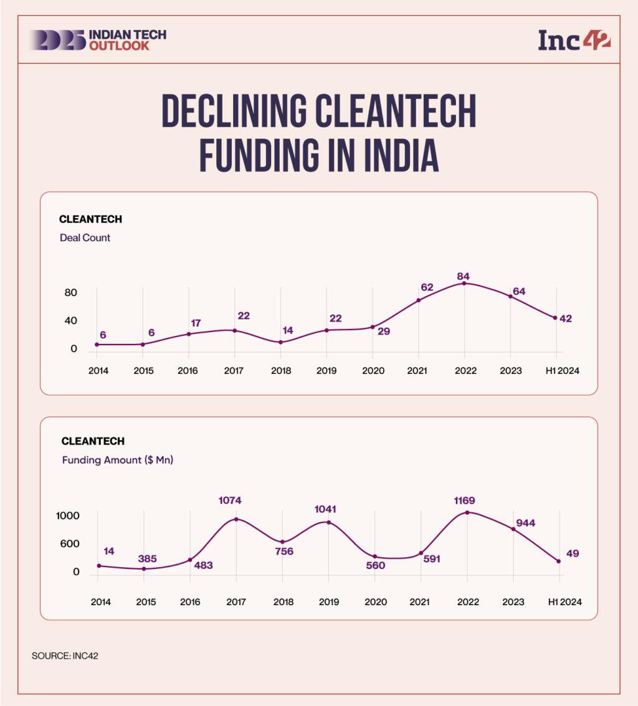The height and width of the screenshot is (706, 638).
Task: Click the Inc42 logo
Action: coord(574,40)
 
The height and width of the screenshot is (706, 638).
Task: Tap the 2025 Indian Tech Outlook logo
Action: coord(97,40)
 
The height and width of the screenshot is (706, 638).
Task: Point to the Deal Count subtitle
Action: coord(85,237)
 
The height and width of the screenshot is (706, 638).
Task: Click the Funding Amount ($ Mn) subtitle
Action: coord(117,460)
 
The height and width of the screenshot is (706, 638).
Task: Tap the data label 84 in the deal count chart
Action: coord(463,276)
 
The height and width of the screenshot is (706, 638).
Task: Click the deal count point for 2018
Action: coord(281,342)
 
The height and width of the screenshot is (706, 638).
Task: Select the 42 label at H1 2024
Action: coord(566,318)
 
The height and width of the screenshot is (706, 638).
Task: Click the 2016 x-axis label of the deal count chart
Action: coord(188,371)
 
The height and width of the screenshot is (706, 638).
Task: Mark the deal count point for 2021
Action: coord(419,300)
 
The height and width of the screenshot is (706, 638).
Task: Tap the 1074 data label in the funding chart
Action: coord(236,500)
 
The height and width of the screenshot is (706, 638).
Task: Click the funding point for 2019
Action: coord(328,522)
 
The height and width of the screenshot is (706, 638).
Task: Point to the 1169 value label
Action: coord(467,500)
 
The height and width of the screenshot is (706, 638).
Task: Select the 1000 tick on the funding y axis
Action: coord(68,516)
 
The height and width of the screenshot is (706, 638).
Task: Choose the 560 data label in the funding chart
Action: coord(375,566)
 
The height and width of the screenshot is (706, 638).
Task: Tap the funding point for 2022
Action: coord(467,512)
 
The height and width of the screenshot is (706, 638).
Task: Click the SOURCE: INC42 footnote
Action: coord(64,656)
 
